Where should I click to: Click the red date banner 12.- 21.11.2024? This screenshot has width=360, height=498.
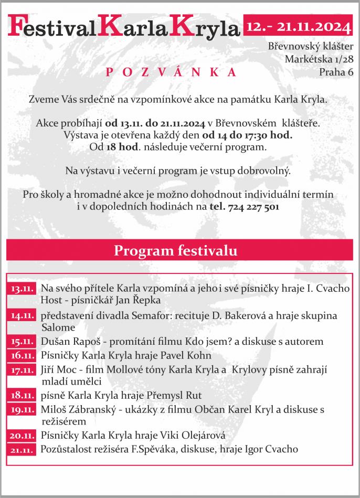point(298,25)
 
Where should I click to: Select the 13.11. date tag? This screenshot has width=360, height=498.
point(23,289)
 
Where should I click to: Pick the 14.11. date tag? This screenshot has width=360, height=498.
point(23,316)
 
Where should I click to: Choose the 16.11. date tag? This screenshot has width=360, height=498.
point(23,356)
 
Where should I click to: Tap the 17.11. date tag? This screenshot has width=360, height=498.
point(23,370)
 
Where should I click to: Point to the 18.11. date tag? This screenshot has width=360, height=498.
point(23,395)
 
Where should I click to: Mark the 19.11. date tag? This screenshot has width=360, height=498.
point(23,409)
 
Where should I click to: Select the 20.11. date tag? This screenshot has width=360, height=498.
point(23,436)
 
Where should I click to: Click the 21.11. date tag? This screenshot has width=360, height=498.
point(23,449)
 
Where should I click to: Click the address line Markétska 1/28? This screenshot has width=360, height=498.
point(319,59)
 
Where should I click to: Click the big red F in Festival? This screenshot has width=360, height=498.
point(17,27)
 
